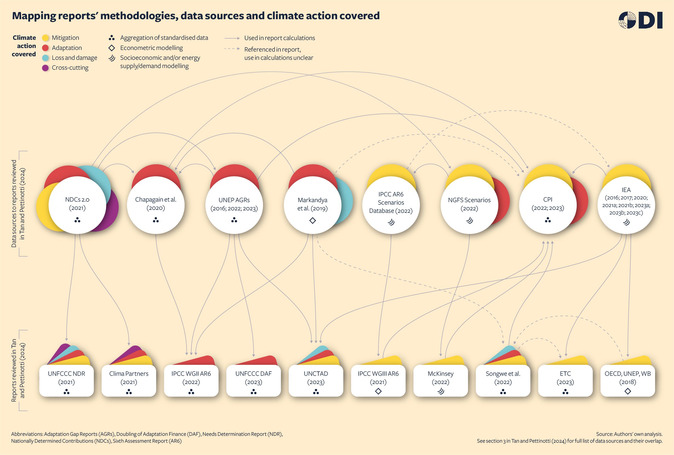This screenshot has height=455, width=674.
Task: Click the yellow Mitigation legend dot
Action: pyautogui.click(x=45, y=38)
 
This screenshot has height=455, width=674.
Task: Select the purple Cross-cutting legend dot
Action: pyautogui.click(x=45, y=68)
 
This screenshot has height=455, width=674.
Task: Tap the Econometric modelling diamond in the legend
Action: pyautogui.click(x=112, y=48)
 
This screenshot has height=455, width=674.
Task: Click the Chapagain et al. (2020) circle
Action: pyautogui.click(x=156, y=205)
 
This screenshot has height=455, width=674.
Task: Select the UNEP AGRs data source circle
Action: pyautogui.click(x=234, y=205)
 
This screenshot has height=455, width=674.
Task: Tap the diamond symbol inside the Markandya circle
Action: pyautogui.click(x=313, y=221)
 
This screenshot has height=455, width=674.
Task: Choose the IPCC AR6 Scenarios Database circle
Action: pyautogui.click(x=391, y=205)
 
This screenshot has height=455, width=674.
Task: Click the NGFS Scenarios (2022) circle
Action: pyautogui.click(x=469, y=205)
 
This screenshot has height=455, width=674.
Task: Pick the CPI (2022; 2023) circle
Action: pyautogui.click(x=548, y=205)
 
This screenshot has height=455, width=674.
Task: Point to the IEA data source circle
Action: pyautogui.click(x=626, y=205)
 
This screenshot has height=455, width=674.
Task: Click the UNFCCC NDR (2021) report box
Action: pyautogui.click(x=66, y=380)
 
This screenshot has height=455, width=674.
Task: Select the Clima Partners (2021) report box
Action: pyautogui.click(x=129, y=380)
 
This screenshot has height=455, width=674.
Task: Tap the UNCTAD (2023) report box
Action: pyautogui.click(x=316, y=380)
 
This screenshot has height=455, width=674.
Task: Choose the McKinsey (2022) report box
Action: pyautogui.click(x=440, y=380)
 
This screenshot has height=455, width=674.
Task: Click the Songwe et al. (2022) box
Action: pyautogui.click(x=503, y=380)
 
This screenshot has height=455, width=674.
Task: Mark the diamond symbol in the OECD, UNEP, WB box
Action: pyautogui.click(x=628, y=391)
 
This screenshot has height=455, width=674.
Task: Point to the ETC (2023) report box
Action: pyautogui.click(x=565, y=380)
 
